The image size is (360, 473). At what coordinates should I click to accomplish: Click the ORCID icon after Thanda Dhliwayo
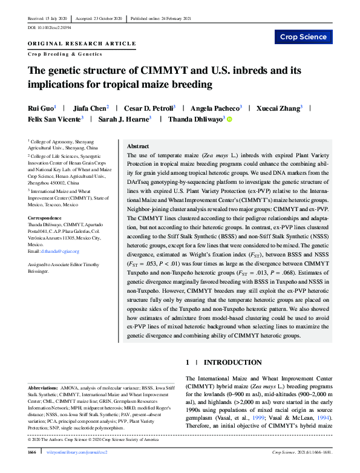[230, 119]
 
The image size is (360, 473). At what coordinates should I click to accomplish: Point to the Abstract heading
[139, 147]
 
